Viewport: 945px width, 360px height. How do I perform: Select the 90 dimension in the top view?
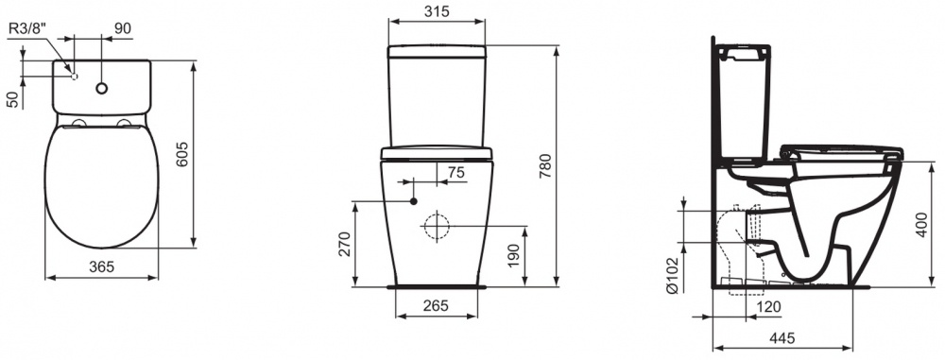click(x=122, y=28)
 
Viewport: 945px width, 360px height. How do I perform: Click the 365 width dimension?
click(x=101, y=266)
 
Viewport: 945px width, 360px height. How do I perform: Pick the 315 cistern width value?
click(x=437, y=11)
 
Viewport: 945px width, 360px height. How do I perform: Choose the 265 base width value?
click(x=437, y=305)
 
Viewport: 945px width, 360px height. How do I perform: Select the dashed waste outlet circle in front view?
click(x=437, y=226)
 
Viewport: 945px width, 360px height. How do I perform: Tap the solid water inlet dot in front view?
click(x=414, y=200)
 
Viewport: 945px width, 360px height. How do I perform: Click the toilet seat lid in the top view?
click(x=101, y=184)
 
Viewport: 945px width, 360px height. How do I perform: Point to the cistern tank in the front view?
click(x=437, y=94)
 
